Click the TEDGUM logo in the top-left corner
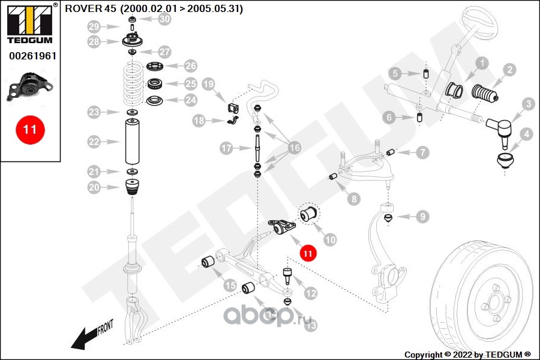[30, 23]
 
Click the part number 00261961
[33, 56]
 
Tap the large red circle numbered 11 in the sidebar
[30, 130]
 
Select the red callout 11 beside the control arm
[308, 254]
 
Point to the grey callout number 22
[94, 142]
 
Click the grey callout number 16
[295, 148]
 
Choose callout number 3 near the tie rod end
[529, 104]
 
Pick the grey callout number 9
[422, 217]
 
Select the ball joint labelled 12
[287, 276]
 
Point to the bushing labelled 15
[208, 263]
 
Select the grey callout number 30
[164, 19]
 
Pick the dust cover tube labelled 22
[132, 141]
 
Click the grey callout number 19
[208, 84]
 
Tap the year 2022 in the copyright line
[463, 355]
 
